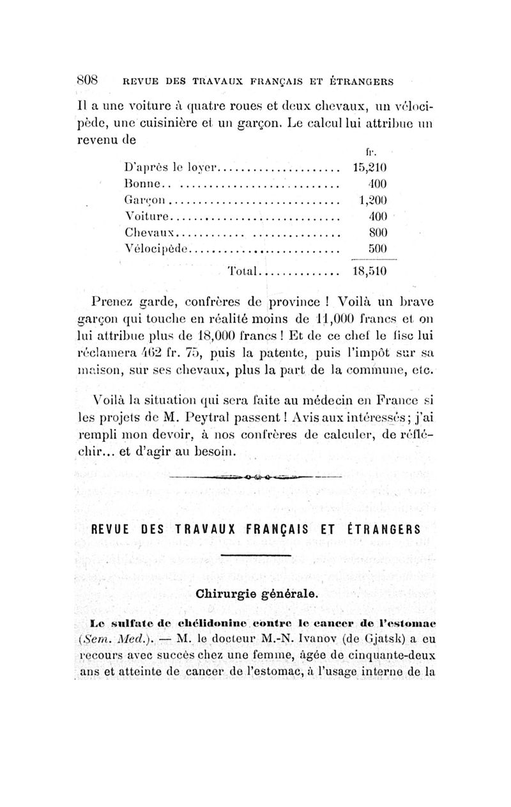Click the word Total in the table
244,271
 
